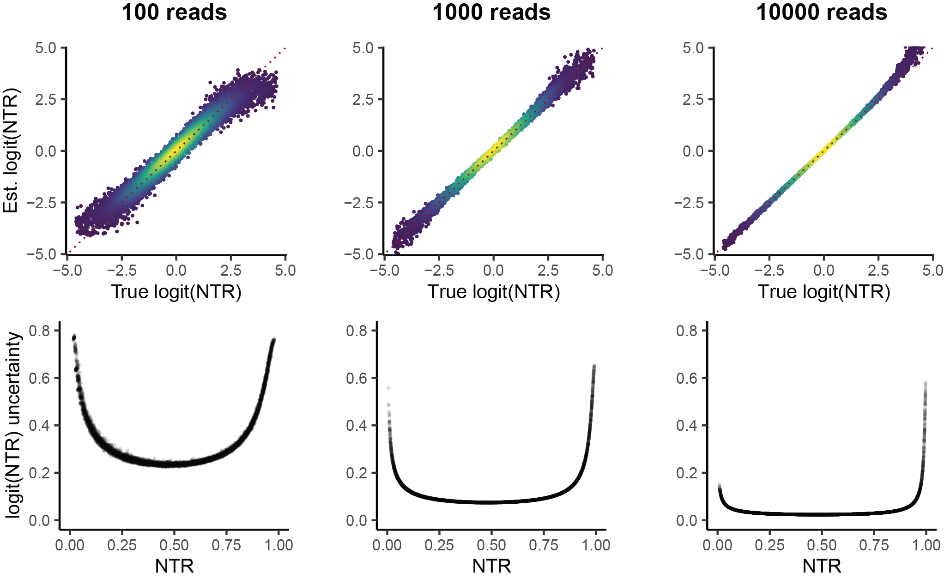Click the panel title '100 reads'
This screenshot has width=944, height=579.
tap(174, 12)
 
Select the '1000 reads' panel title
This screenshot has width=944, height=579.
tap(491, 12)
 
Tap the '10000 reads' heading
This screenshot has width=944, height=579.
tap(822, 12)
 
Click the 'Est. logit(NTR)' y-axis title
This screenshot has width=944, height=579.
tap(10, 151)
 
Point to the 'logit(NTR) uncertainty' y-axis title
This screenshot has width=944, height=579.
tap(14, 425)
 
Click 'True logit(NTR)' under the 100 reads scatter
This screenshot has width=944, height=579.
tap(176, 292)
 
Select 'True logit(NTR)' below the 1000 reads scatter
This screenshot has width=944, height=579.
tap(493, 292)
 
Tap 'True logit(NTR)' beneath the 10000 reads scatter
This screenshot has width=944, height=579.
tap(823, 292)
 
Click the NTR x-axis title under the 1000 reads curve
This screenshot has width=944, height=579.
tap(491, 566)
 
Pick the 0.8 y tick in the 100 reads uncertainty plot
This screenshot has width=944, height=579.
tap(39, 331)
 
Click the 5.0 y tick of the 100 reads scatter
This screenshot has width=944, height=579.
tap(45, 48)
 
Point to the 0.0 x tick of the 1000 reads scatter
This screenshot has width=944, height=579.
tap(493, 271)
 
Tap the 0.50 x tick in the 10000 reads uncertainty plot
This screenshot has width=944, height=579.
tap(822, 545)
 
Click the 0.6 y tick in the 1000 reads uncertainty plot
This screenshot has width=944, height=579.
tap(356, 378)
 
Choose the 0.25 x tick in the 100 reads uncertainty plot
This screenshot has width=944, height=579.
tap(122, 545)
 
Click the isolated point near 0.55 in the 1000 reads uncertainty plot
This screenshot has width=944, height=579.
tap(388, 388)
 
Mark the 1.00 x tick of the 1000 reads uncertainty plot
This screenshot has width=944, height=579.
tap(596, 545)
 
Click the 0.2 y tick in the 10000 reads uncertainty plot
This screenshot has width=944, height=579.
tap(686, 473)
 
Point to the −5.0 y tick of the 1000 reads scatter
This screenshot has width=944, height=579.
tap(362, 254)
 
